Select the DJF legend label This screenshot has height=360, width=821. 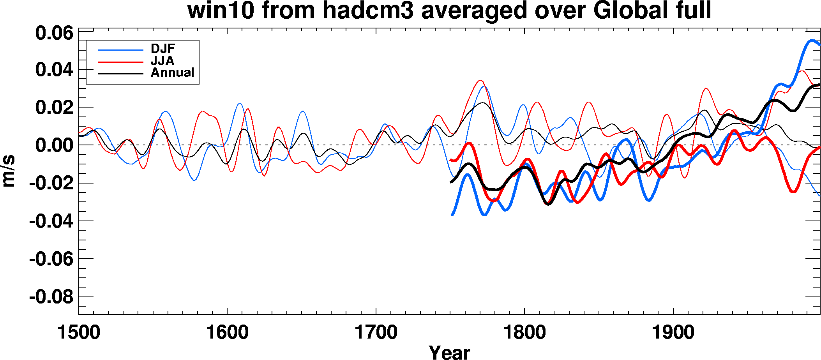coord(163,49)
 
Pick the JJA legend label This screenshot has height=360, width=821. coord(162,61)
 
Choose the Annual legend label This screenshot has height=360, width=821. coord(172,72)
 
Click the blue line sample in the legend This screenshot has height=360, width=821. coord(120,50)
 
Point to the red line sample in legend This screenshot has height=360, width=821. coord(120,62)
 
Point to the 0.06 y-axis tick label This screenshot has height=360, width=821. coord(54,33)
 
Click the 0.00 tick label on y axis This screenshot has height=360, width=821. coord(54,145)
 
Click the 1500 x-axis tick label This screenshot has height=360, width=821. coord(79,333)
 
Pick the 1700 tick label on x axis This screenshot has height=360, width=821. coord(376,333)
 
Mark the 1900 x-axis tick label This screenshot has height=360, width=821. coord(673,333)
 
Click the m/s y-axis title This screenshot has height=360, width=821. coord(9,171)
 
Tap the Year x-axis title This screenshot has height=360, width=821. coord(449,352)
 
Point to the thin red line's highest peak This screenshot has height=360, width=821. coord(480,81)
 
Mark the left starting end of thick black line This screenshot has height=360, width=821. coord(451,182)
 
